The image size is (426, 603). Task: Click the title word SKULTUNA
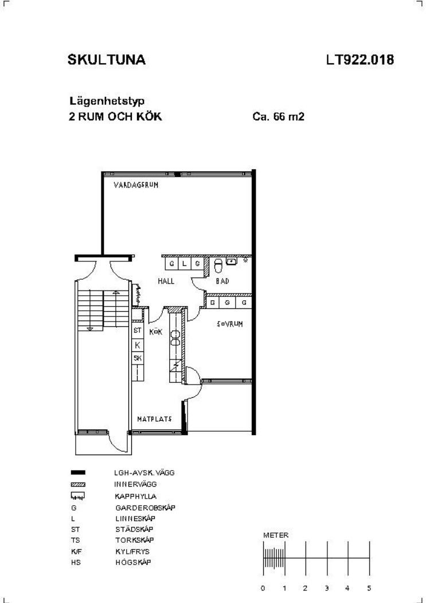tap(107, 60)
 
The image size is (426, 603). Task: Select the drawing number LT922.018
tap(360, 60)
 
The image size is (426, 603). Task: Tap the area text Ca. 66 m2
tap(278, 116)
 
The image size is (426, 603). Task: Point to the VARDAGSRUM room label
tap(136, 185)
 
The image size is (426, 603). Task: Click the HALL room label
tap(166, 281)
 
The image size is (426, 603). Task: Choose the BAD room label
tap(222, 281)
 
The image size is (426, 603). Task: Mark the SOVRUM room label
tap(230, 324)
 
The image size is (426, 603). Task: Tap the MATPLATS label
tap(154, 419)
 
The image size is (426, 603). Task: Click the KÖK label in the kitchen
tap(156, 332)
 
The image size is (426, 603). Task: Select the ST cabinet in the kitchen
tap(138, 330)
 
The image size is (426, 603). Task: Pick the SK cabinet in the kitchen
tap(138, 358)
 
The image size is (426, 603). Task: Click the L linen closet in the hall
tap(184, 264)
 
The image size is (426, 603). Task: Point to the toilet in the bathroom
tap(218, 265)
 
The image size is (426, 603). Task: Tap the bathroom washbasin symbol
tap(231, 261)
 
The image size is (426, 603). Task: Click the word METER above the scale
tap(276, 535)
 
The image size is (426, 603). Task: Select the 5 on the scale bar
tap(369, 588)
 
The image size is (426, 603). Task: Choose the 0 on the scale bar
tap(263, 588)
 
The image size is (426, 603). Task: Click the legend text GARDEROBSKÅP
tap(146, 508)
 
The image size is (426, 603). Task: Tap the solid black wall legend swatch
tap(78, 472)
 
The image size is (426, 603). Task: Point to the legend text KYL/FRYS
tap(132, 551)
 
